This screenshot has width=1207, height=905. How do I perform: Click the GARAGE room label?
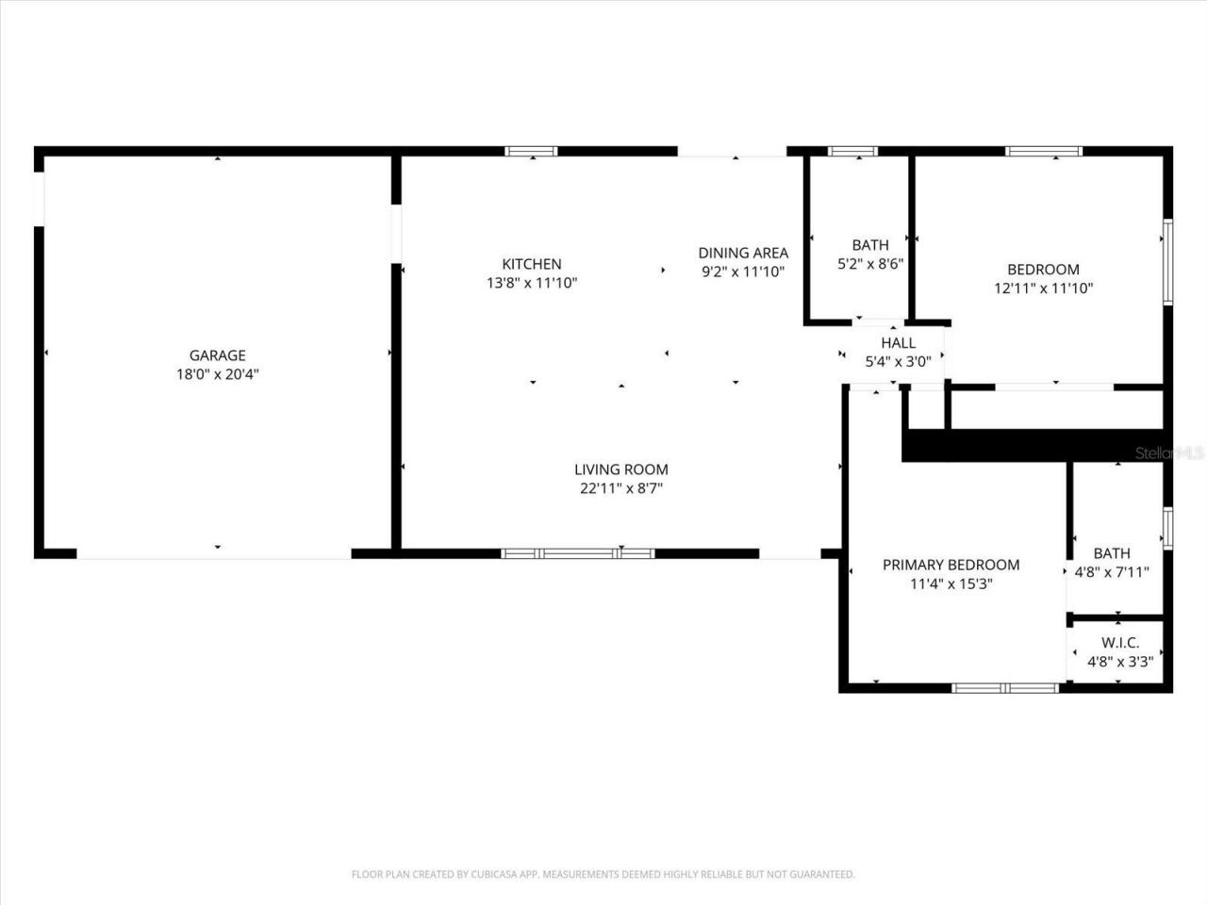218,355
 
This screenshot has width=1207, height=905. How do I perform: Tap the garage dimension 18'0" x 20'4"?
218,374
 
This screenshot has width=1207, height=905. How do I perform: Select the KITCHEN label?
531,264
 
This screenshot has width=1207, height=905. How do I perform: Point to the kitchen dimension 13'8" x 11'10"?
531,283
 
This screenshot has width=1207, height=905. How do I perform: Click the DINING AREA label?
743,253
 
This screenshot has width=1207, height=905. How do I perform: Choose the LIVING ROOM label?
621,469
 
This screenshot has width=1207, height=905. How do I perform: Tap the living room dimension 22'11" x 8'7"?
621,488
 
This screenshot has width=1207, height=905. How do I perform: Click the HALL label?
898,342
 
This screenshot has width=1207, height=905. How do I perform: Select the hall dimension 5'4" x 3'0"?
898,360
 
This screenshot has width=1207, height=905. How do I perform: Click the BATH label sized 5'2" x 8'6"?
869,245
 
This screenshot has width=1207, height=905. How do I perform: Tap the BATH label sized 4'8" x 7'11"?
1112,553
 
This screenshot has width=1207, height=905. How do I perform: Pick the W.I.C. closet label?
1120,643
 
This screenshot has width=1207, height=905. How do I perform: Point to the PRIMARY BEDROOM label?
951,565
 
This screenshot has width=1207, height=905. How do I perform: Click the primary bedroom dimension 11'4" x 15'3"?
951,584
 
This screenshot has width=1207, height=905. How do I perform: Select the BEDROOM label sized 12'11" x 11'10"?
1043,270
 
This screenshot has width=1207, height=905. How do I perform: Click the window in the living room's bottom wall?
577,554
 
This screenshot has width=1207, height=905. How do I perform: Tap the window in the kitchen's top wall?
531,151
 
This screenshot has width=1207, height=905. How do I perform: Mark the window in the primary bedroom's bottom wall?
1006,688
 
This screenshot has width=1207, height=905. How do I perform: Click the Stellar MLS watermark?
1169,453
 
